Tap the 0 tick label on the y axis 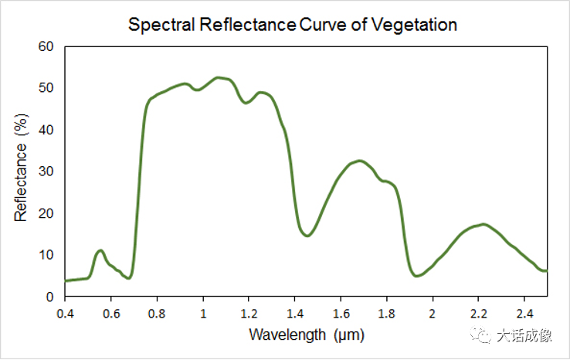coord(50,297)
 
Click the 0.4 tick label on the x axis coord(65,314)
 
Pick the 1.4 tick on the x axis coord(295,314)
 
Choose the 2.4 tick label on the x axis coord(524,314)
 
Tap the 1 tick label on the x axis coord(203,314)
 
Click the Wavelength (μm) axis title coord(306,335)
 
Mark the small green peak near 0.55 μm coord(100,250)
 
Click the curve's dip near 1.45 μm coord(307,236)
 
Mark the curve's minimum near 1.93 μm coord(416,275)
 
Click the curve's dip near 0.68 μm coord(129,277)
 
